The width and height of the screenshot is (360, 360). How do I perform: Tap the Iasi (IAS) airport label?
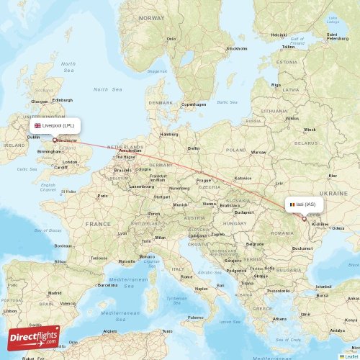(x=304, y=204)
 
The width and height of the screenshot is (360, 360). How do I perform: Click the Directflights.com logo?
(x=34, y=336)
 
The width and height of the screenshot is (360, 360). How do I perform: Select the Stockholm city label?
(x=237, y=49)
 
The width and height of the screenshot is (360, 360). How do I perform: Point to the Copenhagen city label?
(x=194, y=104)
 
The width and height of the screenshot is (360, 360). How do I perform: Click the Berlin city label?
(x=194, y=148)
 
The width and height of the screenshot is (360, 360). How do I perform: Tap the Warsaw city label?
(x=258, y=153)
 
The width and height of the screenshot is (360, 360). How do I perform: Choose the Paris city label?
(x=103, y=195)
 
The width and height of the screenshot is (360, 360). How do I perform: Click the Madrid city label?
(x=54, y=293)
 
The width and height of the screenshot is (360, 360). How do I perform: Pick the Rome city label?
(x=186, y=276)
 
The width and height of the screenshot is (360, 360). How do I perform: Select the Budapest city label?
(x=244, y=212)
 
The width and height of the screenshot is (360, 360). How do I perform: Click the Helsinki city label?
(x=279, y=35)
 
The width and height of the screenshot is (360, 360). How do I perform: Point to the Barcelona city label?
(x=107, y=284)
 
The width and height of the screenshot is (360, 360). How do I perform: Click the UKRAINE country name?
(x=333, y=193)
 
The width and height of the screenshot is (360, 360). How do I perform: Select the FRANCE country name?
(x=98, y=224)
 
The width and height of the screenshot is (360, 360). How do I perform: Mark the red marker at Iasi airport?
(x=304, y=218)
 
